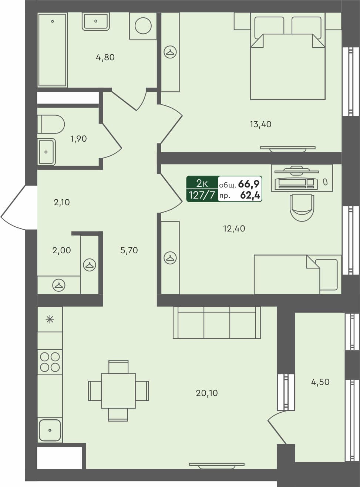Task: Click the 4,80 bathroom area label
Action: coord(105,57)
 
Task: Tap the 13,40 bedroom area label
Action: coord(260,124)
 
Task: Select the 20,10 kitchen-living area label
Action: coord(206,393)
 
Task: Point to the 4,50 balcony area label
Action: coord(320,382)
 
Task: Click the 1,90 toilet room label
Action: coord(78,139)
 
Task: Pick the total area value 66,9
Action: coord(249,184)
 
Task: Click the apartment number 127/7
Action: coord(202,195)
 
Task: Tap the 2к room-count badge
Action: coord(202,183)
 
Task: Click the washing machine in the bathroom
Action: coord(143,26)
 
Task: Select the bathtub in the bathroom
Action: coord(52,50)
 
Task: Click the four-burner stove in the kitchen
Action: coord(50,362)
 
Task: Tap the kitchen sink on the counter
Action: coord(50,430)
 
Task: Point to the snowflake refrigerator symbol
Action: coord(50,319)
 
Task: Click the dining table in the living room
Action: coord(118,391)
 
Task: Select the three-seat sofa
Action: coord(217,322)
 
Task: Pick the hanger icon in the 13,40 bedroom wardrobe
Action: coord(170,52)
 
